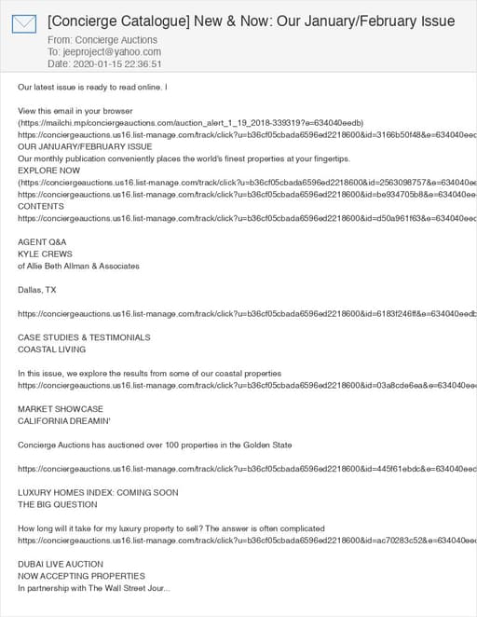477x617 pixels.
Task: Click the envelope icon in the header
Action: click(23, 23)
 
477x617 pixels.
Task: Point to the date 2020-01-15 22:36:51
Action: click(117, 64)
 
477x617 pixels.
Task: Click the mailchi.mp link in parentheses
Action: click(191, 123)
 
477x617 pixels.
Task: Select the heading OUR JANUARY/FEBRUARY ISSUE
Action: click(85, 147)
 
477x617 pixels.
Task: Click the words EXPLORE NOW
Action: click(49, 171)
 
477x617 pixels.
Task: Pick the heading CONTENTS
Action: click(41, 206)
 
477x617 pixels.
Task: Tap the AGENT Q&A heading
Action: click(43, 242)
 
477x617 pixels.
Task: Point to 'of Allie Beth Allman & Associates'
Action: click(78, 267)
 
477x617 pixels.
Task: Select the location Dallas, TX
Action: click(37, 290)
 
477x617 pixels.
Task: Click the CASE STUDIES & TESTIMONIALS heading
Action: click(84, 337)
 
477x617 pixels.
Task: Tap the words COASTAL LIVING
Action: click(52, 350)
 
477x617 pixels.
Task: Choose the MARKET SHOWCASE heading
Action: click(61, 409)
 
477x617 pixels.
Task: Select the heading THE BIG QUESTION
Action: click(58, 504)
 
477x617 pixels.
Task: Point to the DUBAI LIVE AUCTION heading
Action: click(61, 564)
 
